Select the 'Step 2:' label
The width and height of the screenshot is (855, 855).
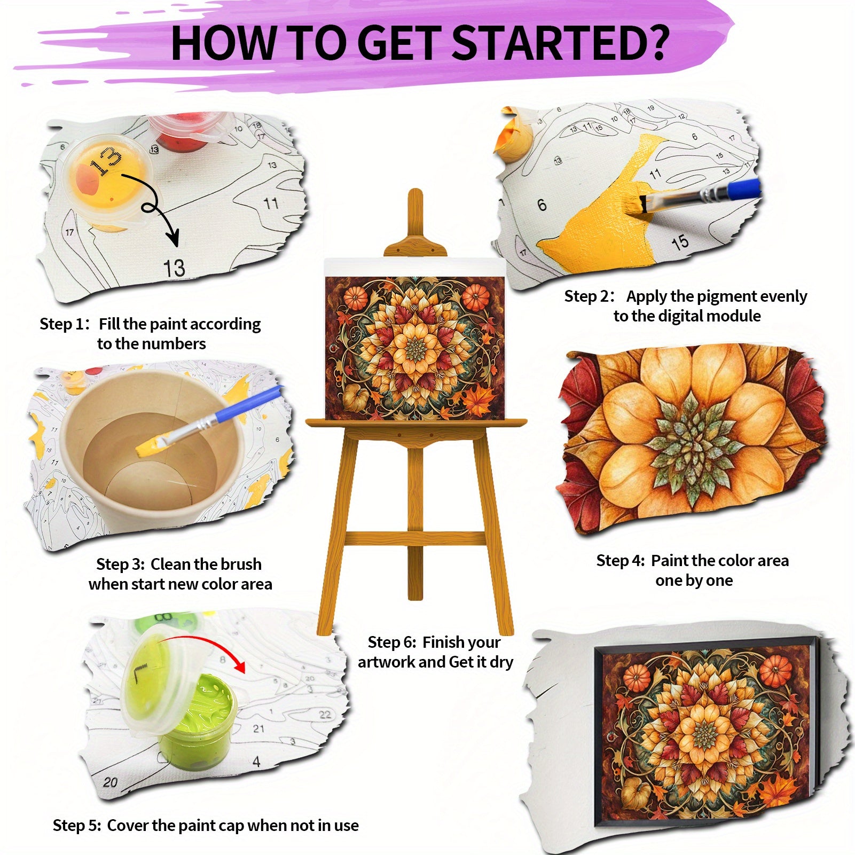[x=590, y=296]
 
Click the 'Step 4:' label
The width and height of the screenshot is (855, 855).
[x=621, y=561]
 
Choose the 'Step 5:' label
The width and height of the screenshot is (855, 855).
[x=77, y=826]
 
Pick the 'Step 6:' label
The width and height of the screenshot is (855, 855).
[x=392, y=642]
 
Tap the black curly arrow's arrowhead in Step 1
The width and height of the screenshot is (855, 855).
[x=173, y=238]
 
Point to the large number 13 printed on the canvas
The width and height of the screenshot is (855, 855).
[x=174, y=268]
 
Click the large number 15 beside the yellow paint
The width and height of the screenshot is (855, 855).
[x=680, y=243]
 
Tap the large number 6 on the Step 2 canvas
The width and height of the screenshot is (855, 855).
[x=542, y=205]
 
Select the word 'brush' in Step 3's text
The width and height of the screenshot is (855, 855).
[x=241, y=564]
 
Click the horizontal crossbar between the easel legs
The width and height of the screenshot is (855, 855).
[x=415, y=539]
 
